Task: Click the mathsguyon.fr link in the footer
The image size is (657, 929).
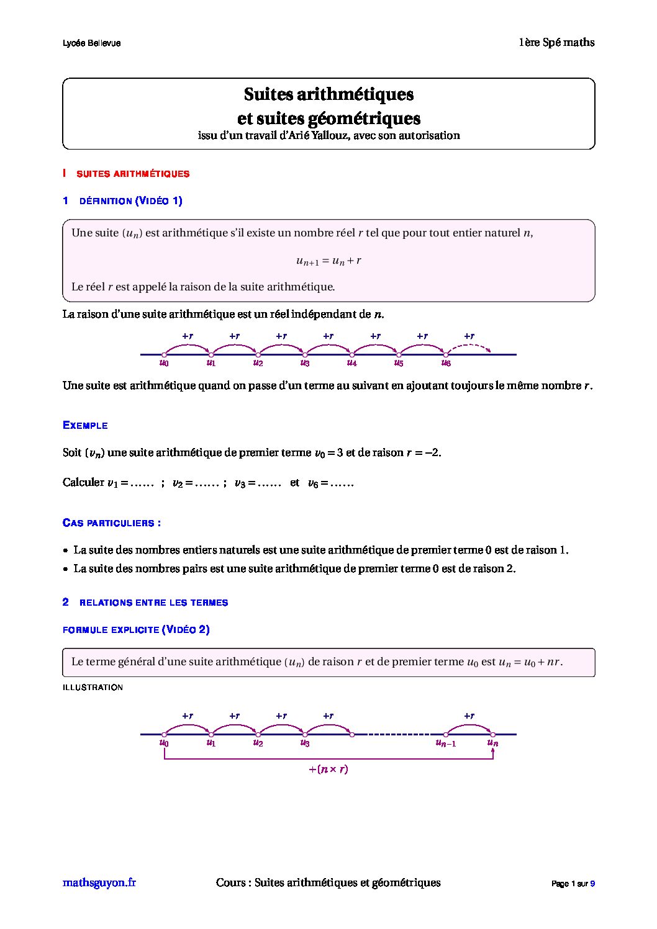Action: point(99,882)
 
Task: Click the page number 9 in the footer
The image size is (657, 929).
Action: point(592,884)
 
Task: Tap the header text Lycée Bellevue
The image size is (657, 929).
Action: point(91,43)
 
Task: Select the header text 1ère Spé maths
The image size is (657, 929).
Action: point(556,42)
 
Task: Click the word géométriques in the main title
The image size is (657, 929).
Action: point(364,118)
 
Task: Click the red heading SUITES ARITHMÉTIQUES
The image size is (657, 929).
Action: point(132,174)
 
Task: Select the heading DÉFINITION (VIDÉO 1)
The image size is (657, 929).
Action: point(130,201)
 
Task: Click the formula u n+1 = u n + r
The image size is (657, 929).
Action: point(328,261)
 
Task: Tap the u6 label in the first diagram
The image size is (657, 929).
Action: point(446,363)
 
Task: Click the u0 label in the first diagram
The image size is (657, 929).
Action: point(164,363)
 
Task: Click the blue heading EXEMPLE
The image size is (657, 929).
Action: point(85,426)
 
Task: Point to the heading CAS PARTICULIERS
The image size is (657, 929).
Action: point(112,523)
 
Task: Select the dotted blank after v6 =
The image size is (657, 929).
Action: point(342,483)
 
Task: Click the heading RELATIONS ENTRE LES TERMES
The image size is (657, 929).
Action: point(153,603)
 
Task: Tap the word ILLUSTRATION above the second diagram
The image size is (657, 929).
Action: point(93,688)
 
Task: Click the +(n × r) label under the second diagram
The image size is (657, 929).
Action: point(328,770)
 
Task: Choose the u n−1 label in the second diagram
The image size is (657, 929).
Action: point(445,743)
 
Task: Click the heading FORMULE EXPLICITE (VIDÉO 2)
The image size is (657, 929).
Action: point(136,630)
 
